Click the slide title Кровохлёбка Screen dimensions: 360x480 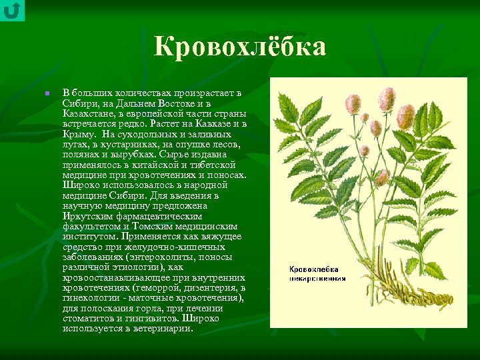240,47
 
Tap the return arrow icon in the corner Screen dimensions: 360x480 12,11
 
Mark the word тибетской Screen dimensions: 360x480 211,165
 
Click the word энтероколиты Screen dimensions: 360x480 162,257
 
